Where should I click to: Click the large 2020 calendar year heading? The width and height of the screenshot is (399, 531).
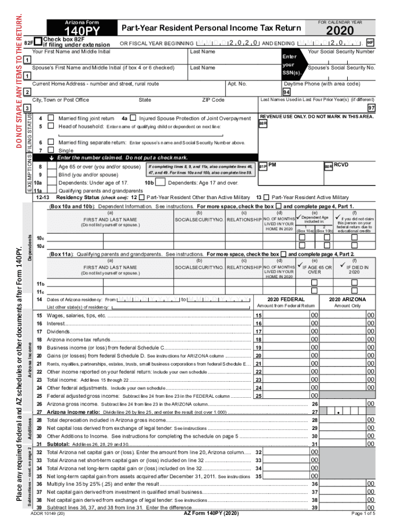click(340, 32)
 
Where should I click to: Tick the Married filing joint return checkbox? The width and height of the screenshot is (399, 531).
click(51, 119)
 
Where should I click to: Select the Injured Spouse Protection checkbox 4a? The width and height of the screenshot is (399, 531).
click(133, 119)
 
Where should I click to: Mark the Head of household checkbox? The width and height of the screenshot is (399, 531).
click(51, 127)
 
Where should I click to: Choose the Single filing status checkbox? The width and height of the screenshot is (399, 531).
click(51, 149)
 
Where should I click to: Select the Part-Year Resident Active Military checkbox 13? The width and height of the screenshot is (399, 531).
click(266, 198)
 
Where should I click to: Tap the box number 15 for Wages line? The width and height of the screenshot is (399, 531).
click(259, 316)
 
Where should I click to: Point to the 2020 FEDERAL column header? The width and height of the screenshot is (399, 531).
click(286, 300)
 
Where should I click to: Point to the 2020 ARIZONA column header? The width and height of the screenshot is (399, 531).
click(347, 300)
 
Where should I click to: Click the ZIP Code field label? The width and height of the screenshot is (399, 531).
click(213, 100)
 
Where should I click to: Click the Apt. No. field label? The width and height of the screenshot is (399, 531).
click(237, 83)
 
